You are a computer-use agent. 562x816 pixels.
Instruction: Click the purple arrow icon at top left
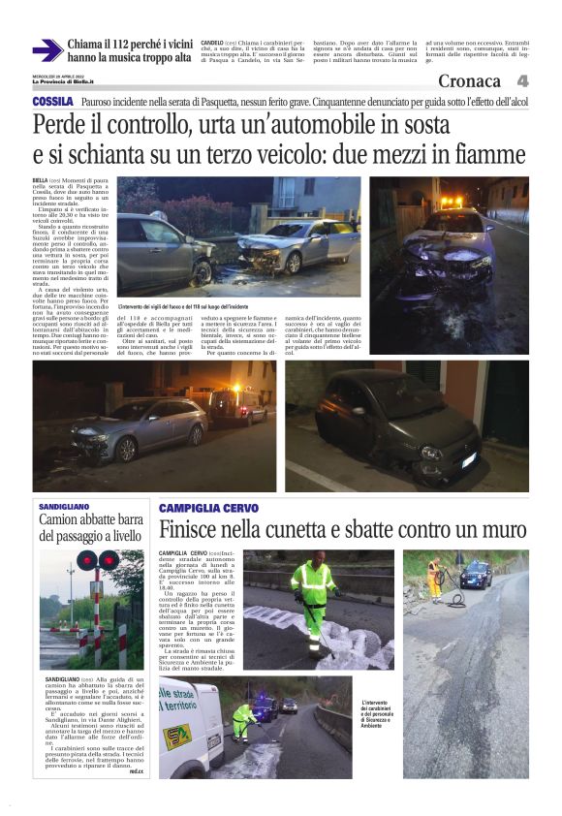point(47,51)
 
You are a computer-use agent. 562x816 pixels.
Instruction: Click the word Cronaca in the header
point(473,82)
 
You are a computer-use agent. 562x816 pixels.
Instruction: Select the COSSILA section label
point(52,101)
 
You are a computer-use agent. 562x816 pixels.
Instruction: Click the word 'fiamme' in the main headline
point(488,154)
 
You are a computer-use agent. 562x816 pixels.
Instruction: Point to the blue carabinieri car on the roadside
point(476,574)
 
